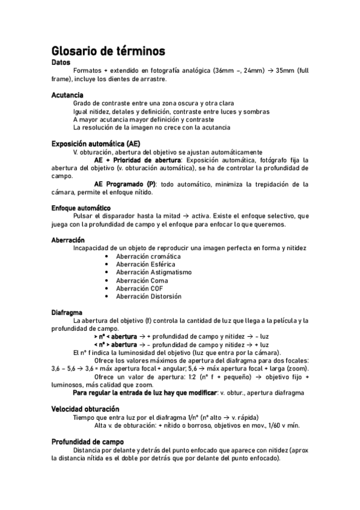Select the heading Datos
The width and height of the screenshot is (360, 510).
click(x=61, y=63)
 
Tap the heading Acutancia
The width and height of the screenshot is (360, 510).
click(x=67, y=95)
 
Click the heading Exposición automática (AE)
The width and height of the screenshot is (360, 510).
click(x=96, y=144)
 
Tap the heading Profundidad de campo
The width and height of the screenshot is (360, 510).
click(x=88, y=441)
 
